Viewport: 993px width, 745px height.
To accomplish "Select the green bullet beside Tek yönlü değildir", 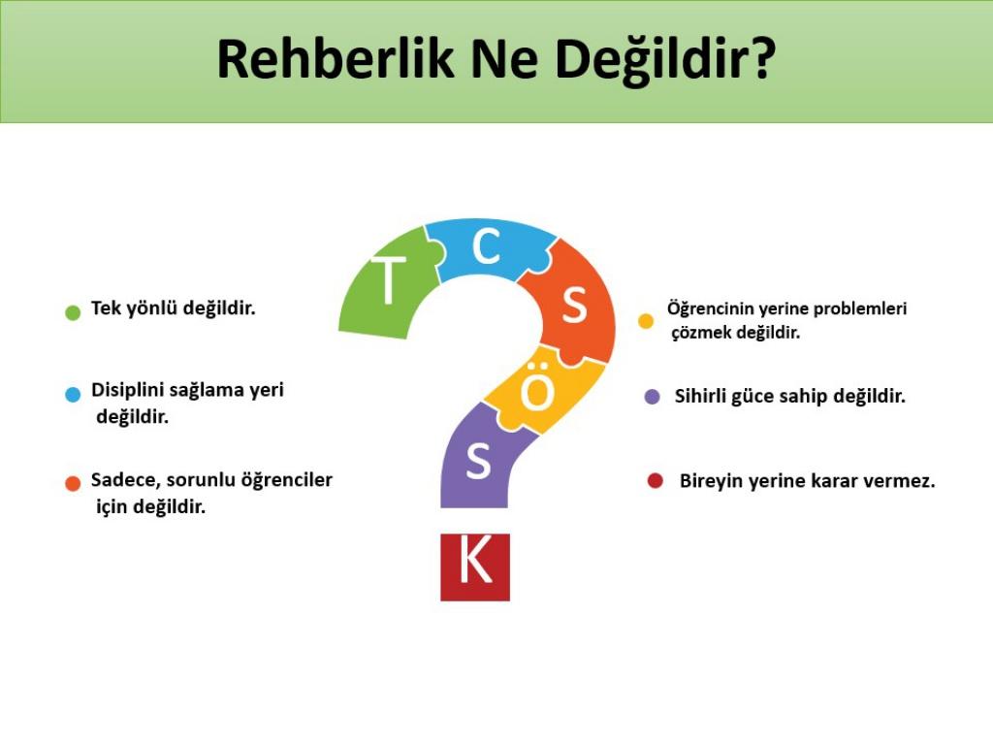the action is point(73,312).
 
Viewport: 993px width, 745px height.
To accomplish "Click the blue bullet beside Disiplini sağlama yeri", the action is point(73,394).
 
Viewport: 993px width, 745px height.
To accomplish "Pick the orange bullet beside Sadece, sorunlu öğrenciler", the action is point(73,483).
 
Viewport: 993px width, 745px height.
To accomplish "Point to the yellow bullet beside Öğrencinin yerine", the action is point(646,320).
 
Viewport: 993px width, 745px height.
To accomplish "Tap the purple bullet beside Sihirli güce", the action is point(653,397).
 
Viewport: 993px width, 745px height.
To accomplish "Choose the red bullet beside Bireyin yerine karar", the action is point(656,481).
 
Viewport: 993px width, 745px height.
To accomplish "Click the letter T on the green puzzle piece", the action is point(388,280).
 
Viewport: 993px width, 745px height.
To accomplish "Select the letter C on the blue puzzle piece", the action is point(487,246).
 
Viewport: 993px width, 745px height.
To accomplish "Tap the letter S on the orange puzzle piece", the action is point(574,306).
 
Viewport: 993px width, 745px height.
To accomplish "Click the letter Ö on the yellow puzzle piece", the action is point(537,388).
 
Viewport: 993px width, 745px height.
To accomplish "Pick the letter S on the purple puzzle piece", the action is point(478,461).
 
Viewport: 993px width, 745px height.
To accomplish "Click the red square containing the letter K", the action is point(475,567).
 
